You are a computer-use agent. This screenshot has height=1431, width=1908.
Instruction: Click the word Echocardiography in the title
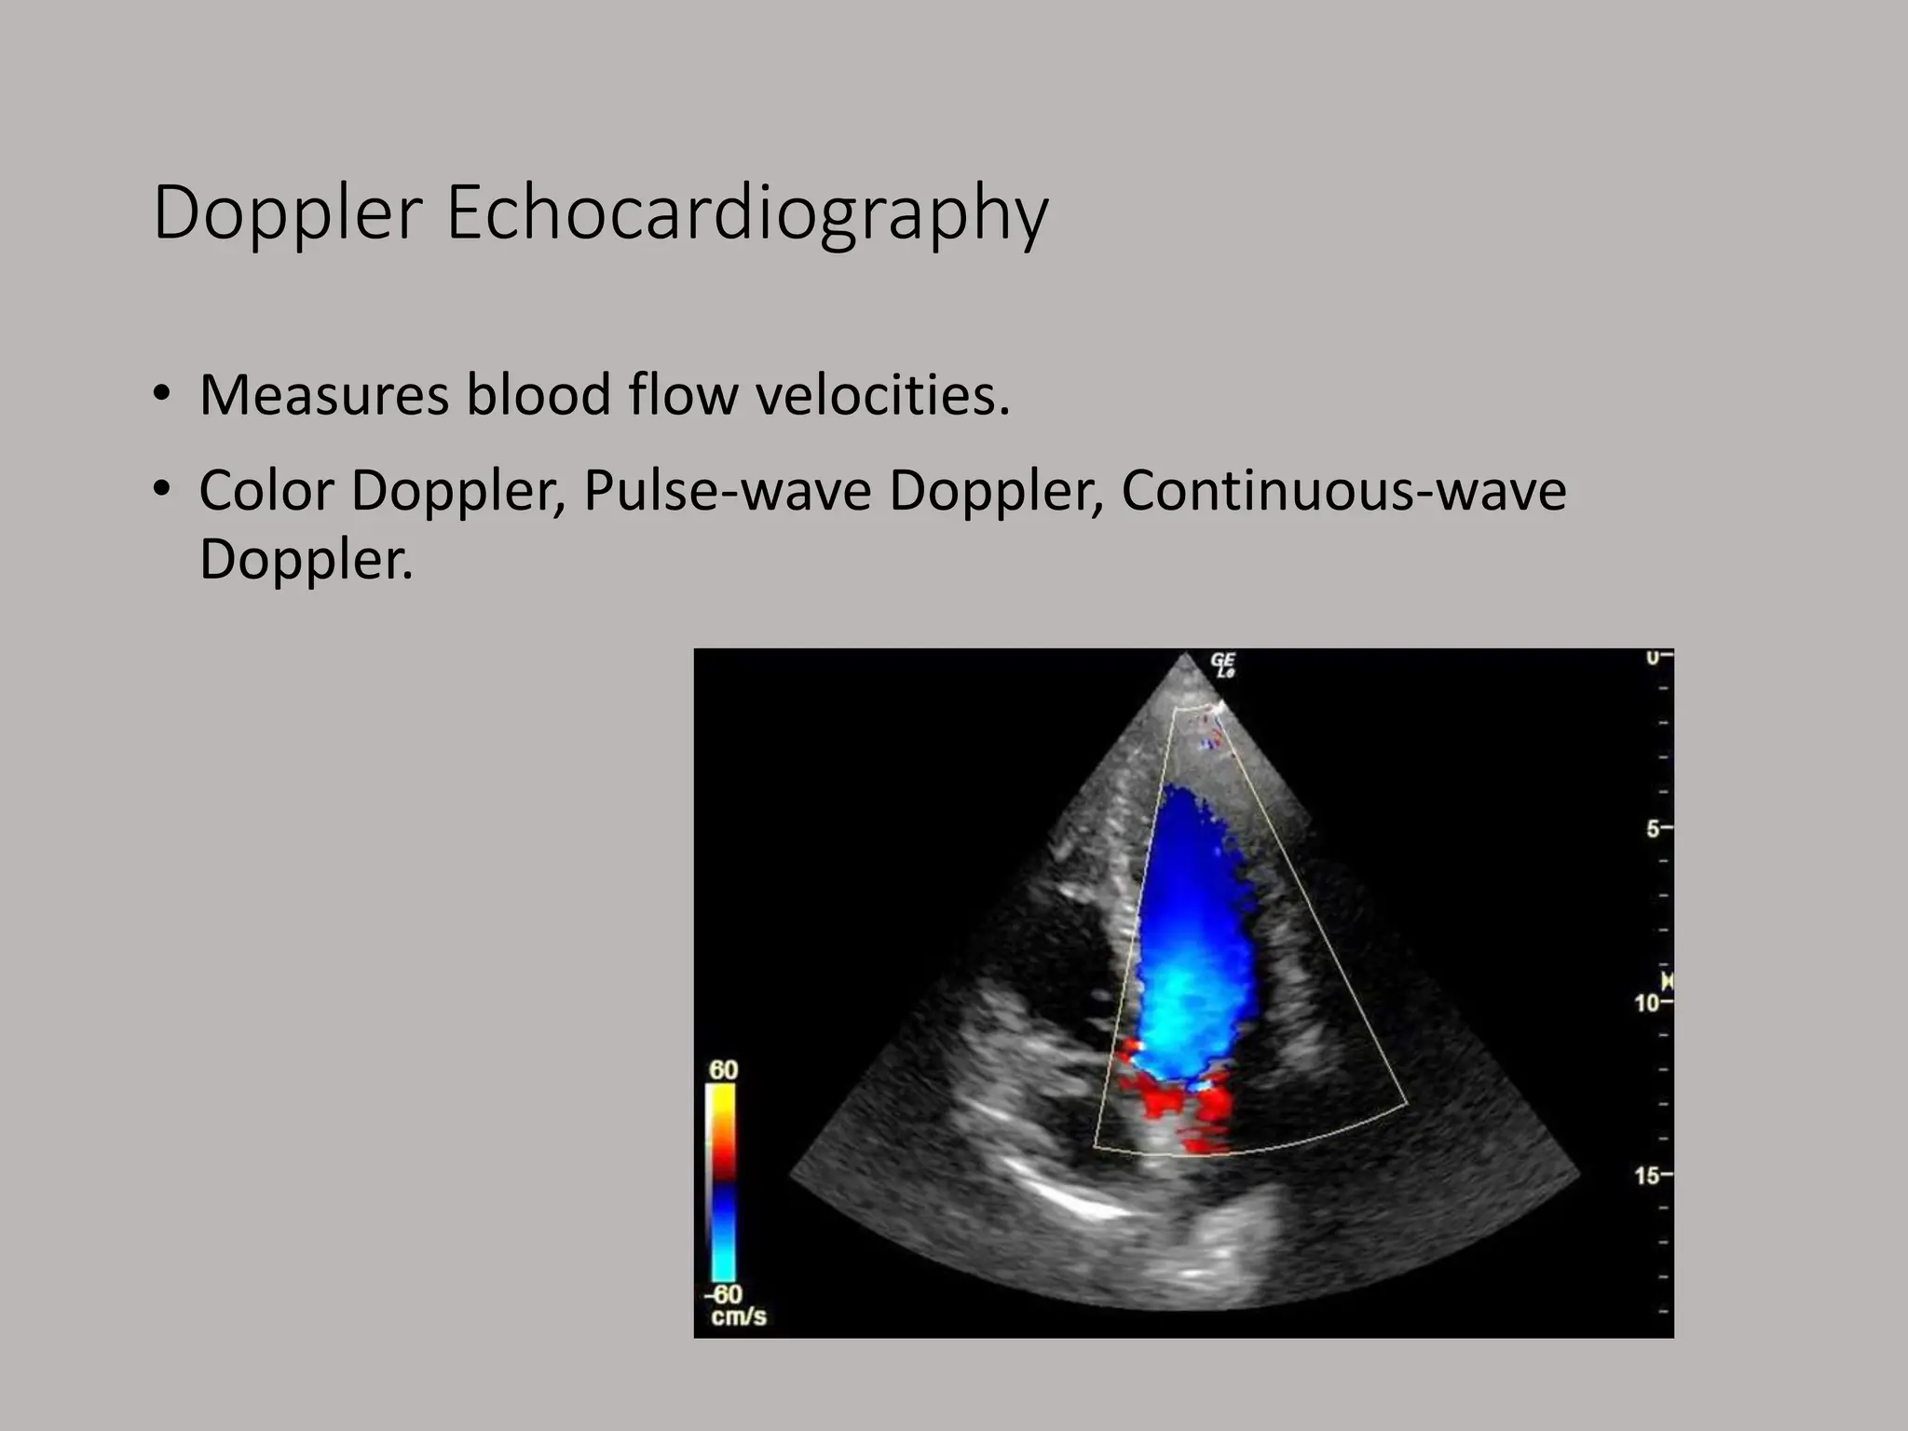[747, 214]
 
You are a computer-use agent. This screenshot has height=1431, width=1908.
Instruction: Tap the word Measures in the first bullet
[324, 395]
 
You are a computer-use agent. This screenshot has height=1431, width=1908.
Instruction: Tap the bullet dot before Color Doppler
[162, 488]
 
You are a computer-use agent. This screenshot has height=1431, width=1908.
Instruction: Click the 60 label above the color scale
[723, 1070]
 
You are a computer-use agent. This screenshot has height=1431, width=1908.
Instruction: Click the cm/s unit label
[738, 1316]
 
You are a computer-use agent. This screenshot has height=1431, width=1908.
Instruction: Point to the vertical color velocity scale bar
[722, 1183]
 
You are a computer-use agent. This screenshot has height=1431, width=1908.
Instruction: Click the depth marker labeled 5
[1653, 828]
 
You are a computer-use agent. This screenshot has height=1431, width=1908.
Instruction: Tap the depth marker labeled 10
[1648, 1003]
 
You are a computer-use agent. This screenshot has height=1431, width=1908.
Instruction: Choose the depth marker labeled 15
[1648, 1176]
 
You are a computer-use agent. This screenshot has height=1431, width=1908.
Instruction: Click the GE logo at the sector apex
[1222, 664]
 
